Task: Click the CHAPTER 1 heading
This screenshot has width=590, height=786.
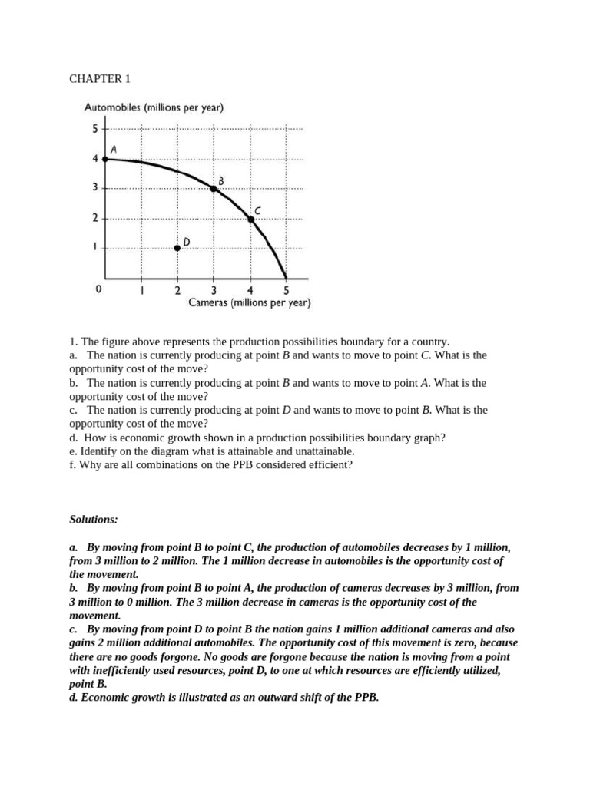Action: [x=96, y=79]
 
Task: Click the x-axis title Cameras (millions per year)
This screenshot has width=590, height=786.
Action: [x=250, y=303]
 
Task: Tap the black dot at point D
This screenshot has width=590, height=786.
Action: [x=177, y=247]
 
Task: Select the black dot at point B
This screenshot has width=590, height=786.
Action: [x=214, y=188]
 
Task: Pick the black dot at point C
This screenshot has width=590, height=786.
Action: [x=250, y=219]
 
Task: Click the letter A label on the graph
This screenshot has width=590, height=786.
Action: [x=114, y=149]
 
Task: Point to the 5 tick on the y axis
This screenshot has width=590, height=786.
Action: [x=95, y=129]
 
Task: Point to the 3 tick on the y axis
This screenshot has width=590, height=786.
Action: [x=95, y=188]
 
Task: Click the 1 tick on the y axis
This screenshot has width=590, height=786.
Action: [x=95, y=247]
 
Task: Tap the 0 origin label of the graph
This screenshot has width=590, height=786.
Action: [x=98, y=289]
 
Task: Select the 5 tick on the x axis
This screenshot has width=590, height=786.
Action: [x=287, y=290]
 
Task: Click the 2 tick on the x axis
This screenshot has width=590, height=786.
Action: [x=177, y=290]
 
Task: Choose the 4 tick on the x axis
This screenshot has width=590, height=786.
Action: [x=250, y=290]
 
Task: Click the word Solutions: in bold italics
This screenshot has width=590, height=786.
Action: [x=94, y=520]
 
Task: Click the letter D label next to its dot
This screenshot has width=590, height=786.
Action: [x=187, y=241]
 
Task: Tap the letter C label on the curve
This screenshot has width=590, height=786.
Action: [x=257, y=210]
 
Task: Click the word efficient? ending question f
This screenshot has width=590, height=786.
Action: [x=327, y=465]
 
